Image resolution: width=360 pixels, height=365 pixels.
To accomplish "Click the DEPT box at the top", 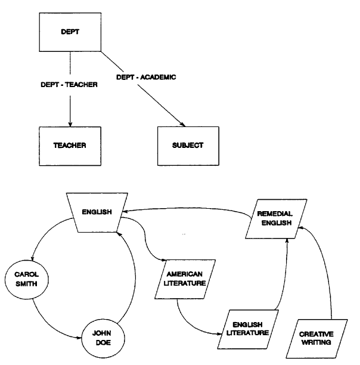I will [70, 32].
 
